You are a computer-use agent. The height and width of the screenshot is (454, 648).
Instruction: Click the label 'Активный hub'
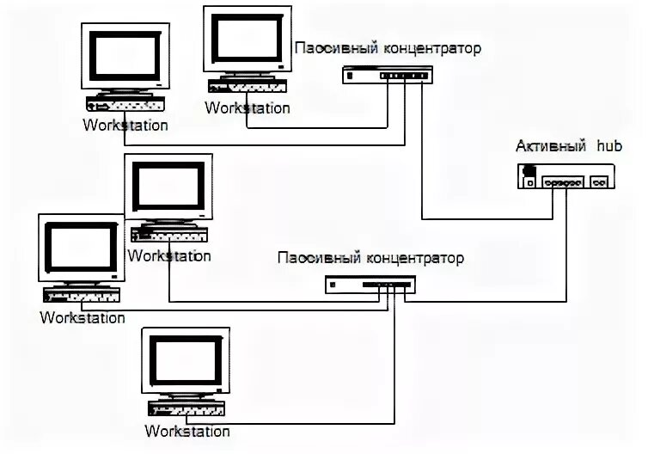point(563,145)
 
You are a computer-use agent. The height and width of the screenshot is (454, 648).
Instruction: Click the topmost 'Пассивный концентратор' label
point(388,48)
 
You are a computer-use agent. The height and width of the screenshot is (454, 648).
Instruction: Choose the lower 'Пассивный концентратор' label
point(370,257)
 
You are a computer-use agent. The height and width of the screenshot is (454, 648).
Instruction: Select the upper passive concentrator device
point(384,76)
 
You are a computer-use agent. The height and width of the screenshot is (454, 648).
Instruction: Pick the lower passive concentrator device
point(370,285)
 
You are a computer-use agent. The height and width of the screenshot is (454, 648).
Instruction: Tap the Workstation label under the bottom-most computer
point(187,430)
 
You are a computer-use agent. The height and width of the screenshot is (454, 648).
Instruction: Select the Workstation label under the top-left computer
point(125,125)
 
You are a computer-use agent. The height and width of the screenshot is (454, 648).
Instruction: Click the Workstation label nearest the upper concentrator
point(248,108)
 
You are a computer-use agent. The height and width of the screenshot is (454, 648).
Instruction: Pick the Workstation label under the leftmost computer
point(83,317)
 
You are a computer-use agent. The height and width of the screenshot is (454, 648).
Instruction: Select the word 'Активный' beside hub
point(547,145)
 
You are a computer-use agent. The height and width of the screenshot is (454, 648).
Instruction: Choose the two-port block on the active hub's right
point(600,182)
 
